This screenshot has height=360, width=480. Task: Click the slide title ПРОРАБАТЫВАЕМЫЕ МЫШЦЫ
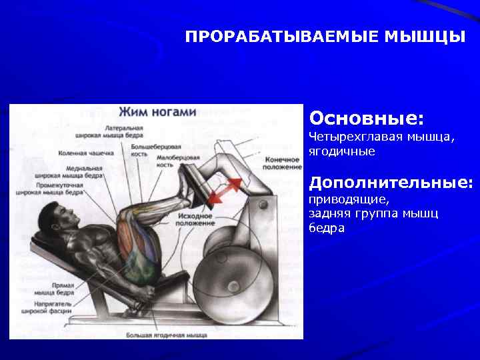tap(325, 36)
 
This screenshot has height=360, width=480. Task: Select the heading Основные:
tap(366, 118)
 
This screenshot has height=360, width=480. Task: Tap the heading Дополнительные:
tap(391, 182)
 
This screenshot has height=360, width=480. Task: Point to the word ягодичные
tap(341, 152)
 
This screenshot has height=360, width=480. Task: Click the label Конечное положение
tap(283, 163)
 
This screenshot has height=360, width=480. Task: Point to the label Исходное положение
tap(194, 220)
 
